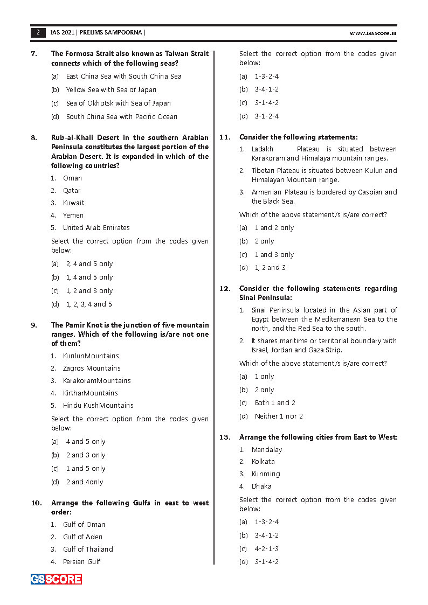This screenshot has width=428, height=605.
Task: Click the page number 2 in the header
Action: point(38,32)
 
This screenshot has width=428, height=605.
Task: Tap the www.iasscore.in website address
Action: point(373,33)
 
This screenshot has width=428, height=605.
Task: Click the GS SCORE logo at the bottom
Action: point(56,579)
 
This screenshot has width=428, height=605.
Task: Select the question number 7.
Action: point(34,54)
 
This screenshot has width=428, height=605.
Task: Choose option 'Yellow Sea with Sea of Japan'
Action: point(111,90)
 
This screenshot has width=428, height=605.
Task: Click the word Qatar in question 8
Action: point(72,191)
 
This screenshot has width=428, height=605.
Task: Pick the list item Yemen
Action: point(73,215)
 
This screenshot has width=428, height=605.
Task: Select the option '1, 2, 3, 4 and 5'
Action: point(89,304)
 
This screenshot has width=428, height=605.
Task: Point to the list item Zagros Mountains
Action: point(92,368)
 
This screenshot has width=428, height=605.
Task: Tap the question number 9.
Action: point(34,325)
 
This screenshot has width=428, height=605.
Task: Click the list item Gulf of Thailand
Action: point(88,550)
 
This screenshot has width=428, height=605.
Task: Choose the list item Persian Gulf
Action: point(82,562)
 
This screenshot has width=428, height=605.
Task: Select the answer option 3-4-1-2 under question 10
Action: point(267,89)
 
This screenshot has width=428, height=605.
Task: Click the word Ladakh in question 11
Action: point(263,149)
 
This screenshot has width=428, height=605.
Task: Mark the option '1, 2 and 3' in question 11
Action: point(270,268)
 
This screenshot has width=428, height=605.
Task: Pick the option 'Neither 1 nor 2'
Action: point(279,416)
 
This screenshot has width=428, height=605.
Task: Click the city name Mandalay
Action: point(267,450)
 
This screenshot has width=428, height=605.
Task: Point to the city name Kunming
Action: point(266,474)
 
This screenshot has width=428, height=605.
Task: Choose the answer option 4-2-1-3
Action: point(267,549)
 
